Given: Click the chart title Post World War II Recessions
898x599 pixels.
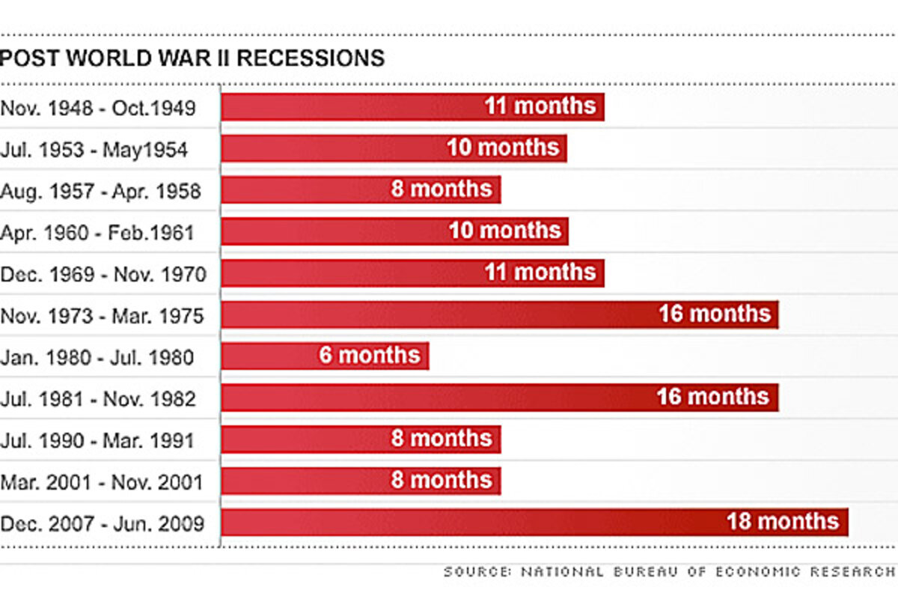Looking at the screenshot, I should pyautogui.click(x=192, y=58).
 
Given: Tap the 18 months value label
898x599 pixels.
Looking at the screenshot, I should pyautogui.click(x=783, y=522).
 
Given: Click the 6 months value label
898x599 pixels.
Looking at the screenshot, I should pyautogui.click(x=370, y=355).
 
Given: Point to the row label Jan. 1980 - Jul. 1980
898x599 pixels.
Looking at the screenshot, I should pyautogui.click(x=97, y=356).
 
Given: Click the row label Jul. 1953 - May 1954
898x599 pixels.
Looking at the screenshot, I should pyautogui.click(x=94, y=150).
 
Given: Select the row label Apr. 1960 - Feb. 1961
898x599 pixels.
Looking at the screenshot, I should pyautogui.click(x=97, y=232).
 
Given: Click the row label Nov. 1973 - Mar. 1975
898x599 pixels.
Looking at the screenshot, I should pyautogui.click(x=102, y=316).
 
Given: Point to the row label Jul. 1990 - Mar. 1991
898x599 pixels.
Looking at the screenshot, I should pyautogui.click(x=98, y=440).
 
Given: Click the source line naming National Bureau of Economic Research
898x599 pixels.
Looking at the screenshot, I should pyautogui.click(x=671, y=572).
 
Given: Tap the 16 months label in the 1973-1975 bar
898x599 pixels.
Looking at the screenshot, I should pyautogui.click(x=715, y=314).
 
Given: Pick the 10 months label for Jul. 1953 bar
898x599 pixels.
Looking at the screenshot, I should pyautogui.click(x=503, y=148).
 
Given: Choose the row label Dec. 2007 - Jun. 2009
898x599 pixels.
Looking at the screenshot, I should pyautogui.click(x=103, y=523).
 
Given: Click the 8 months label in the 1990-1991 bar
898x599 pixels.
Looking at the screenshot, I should pyautogui.click(x=442, y=439).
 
